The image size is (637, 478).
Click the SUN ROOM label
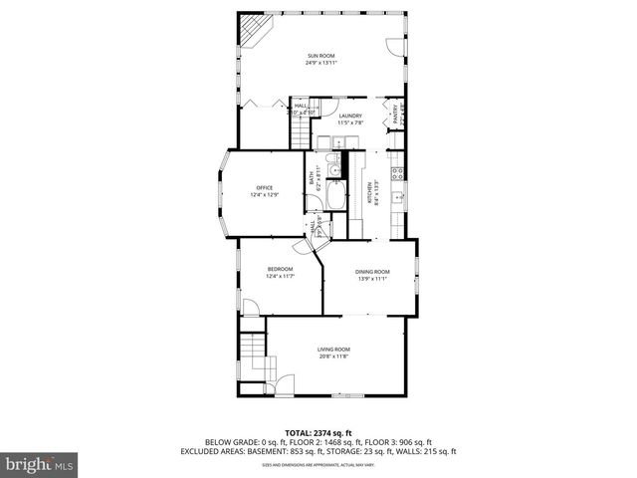(x=318, y=55)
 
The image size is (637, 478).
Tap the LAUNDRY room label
(x=349, y=116)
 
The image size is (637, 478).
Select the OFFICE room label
(x=264, y=188)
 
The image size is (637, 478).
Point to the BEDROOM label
(x=280, y=269)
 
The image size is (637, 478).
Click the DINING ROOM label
(x=372, y=272)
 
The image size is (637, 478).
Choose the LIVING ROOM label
(x=333, y=349)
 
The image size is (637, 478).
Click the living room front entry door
(x=287, y=382)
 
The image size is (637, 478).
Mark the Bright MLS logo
(x=40, y=464)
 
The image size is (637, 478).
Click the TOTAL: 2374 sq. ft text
(x=318, y=432)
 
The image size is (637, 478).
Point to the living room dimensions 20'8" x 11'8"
(x=333, y=356)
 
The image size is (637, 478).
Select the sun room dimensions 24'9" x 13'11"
(x=318, y=62)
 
